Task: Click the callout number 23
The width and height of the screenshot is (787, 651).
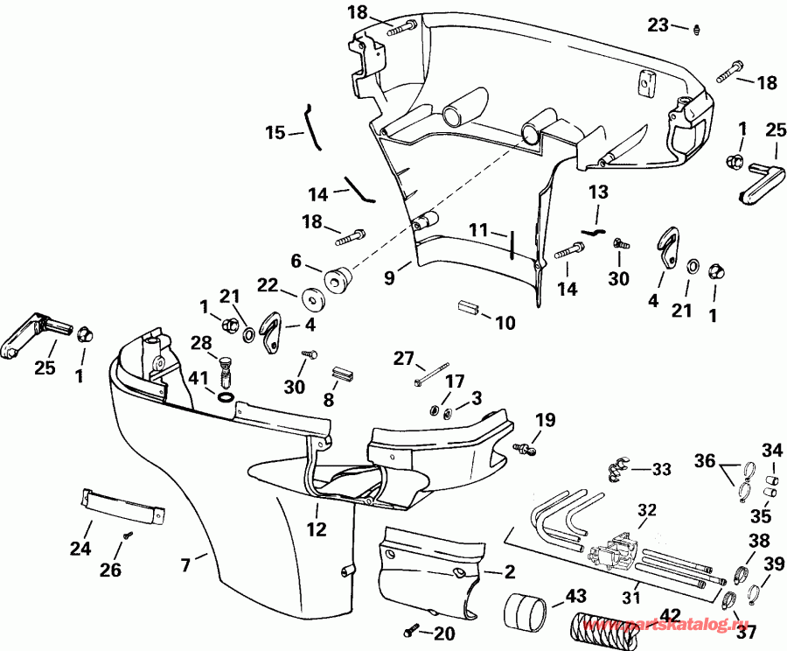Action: (658, 25)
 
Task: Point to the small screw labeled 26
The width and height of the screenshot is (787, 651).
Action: (128, 535)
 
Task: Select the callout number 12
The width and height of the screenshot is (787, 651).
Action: (317, 528)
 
